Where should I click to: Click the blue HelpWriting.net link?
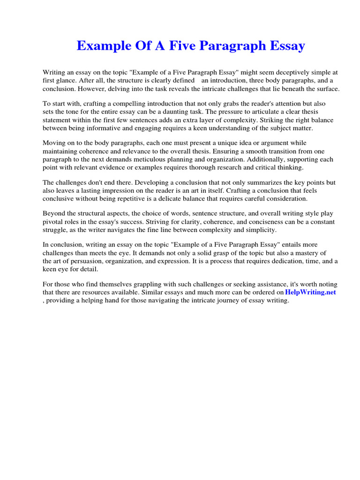[x=310, y=292]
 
